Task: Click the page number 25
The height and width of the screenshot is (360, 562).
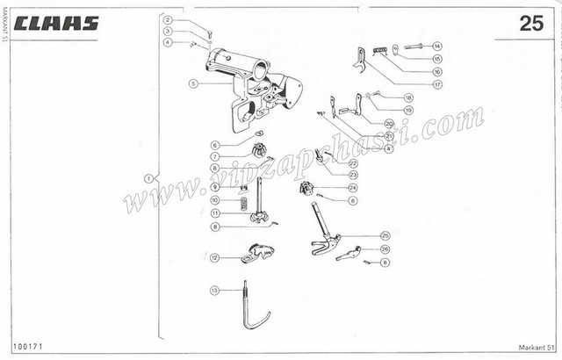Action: coord(531,24)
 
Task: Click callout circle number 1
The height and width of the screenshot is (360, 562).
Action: coord(148,177)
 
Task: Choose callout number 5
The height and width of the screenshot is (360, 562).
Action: coord(192,84)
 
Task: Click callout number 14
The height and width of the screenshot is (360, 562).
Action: coord(436,46)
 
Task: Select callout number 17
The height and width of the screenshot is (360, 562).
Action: coord(436,84)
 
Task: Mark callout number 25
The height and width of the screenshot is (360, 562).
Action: coord(385,235)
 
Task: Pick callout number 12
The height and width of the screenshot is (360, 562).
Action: coord(214,257)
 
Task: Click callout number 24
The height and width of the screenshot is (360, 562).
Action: coord(351,187)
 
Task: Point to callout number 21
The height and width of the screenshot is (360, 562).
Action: coord(388,136)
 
